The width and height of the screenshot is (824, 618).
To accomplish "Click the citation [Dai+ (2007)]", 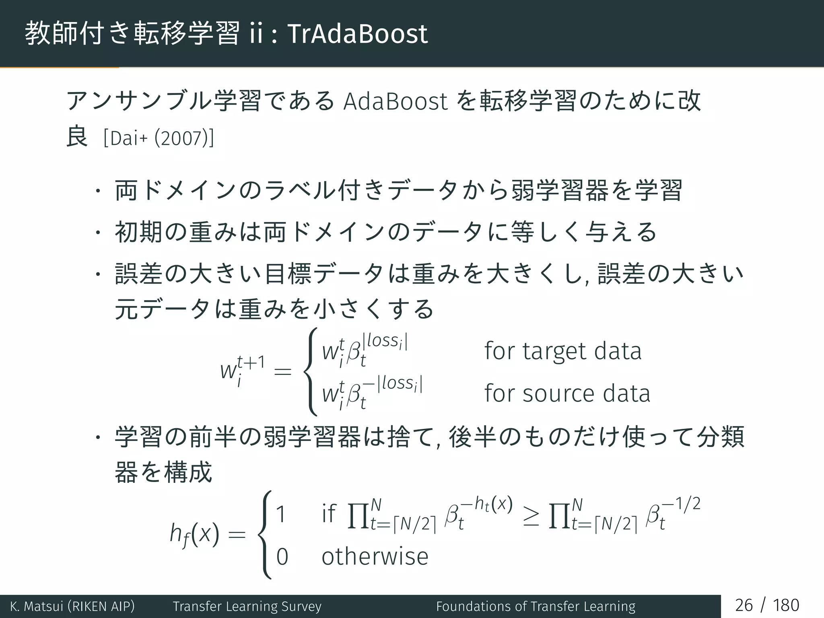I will pyautogui.click(x=159, y=138).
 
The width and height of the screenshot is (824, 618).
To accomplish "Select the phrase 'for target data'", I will pyautogui.click(x=563, y=351).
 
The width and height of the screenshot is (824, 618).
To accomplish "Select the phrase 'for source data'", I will pyautogui.click(x=567, y=393).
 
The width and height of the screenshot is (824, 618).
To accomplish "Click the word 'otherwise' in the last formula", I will pyautogui.click(x=375, y=557).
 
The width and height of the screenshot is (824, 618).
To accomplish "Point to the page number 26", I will pyautogui.click(x=744, y=606).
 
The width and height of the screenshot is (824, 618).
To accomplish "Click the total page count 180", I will pyautogui.click(x=786, y=606).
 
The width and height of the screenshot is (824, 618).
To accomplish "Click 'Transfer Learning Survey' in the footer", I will pyautogui.click(x=247, y=606).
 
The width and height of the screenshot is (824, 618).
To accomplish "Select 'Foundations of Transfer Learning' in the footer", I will pyautogui.click(x=536, y=606).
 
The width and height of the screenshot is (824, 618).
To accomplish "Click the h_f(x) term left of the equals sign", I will pyautogui.click(x=194, y=535).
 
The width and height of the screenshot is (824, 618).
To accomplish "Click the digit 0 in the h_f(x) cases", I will pyautogui.click(x=282, y=557).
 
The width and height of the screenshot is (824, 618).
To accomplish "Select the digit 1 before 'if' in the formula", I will pyautogui.click(x=281, y=514).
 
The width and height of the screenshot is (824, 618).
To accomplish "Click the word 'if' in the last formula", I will pyautogui.click(x=329, y=513).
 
